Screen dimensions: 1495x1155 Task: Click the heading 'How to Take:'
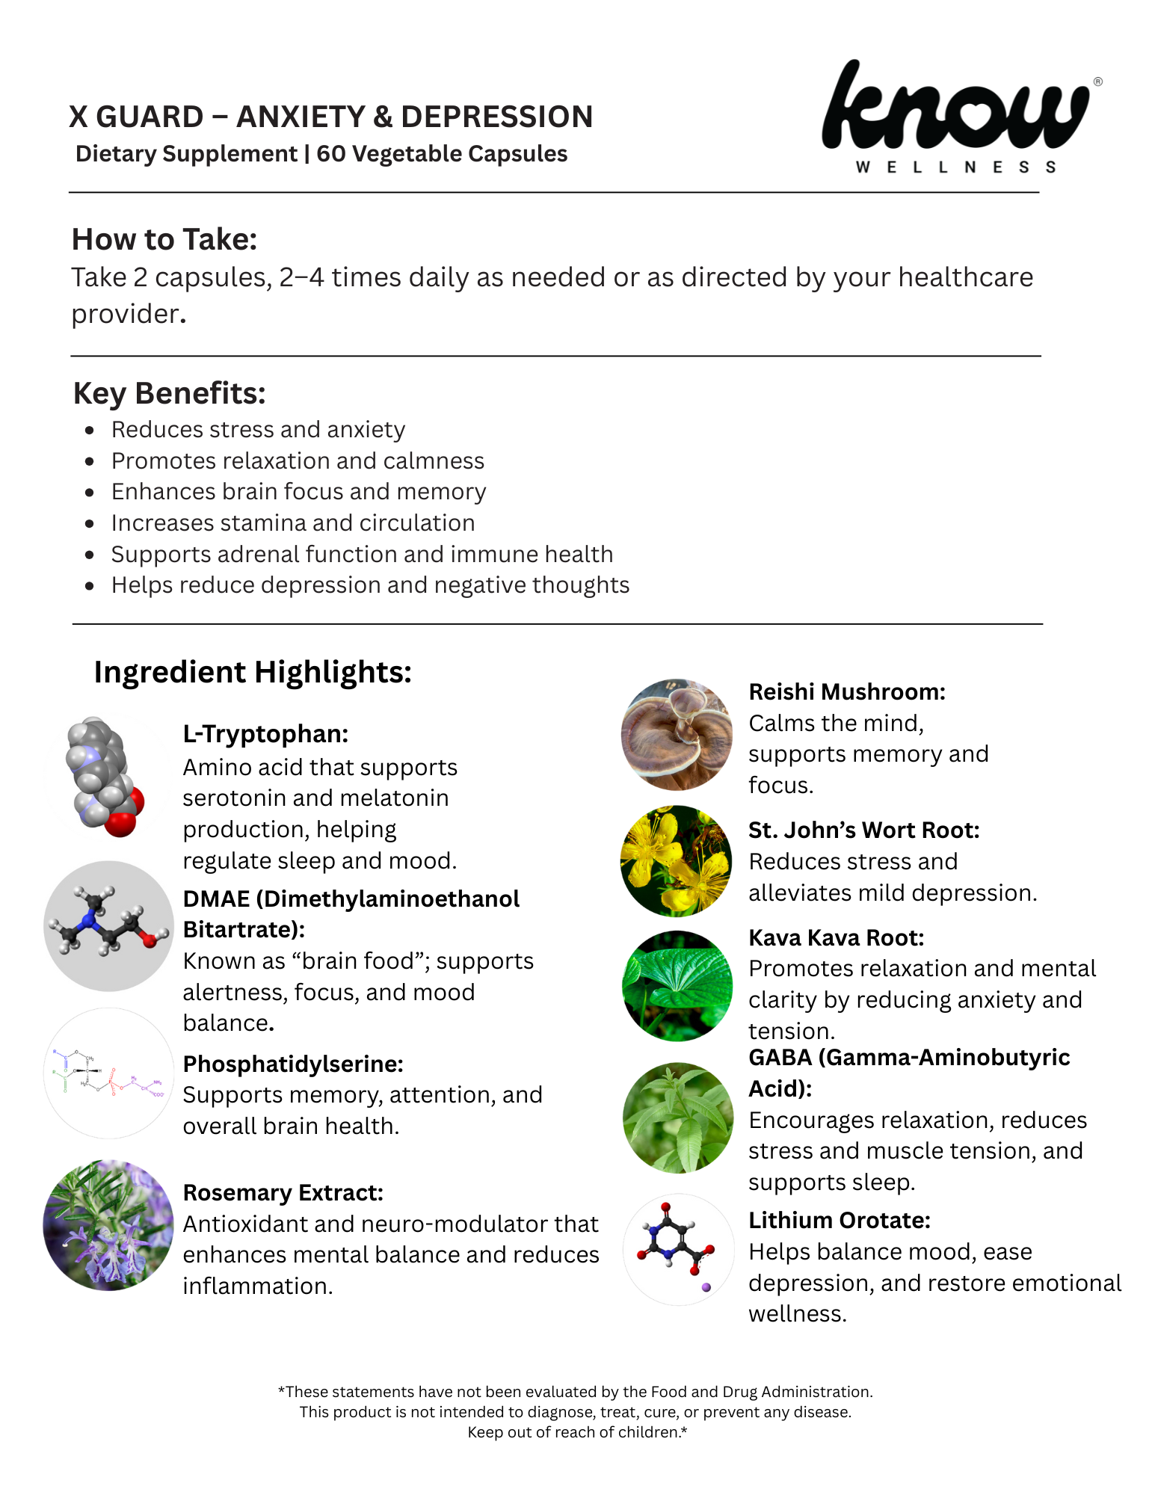point(164,239)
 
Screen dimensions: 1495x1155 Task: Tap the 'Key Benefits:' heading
point(170,393)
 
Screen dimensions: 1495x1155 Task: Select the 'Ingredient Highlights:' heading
point(253,672)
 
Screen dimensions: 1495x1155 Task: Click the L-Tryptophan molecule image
point(105,777)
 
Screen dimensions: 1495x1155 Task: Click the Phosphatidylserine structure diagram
point(108,1073)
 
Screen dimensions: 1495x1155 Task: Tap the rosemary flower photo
point(108,1224)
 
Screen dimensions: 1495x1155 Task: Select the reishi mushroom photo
point(677,734)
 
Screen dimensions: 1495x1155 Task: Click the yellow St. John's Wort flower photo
point(677,861)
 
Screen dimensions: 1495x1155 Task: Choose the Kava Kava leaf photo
point(677,986)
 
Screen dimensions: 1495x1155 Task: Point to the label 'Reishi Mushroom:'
point(847,692)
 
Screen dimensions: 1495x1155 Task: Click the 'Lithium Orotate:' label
point(840,1221)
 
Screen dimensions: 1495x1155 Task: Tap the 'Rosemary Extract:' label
point(283,1193)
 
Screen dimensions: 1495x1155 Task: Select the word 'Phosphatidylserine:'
point(293,1064)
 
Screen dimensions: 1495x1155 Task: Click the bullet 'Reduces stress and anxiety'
point(258,430)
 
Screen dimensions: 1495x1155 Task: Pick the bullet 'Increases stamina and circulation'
point(293,523)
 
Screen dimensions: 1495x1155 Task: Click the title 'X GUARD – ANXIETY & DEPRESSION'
point(331,117)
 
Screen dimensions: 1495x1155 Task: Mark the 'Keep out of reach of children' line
point(577,1432)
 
